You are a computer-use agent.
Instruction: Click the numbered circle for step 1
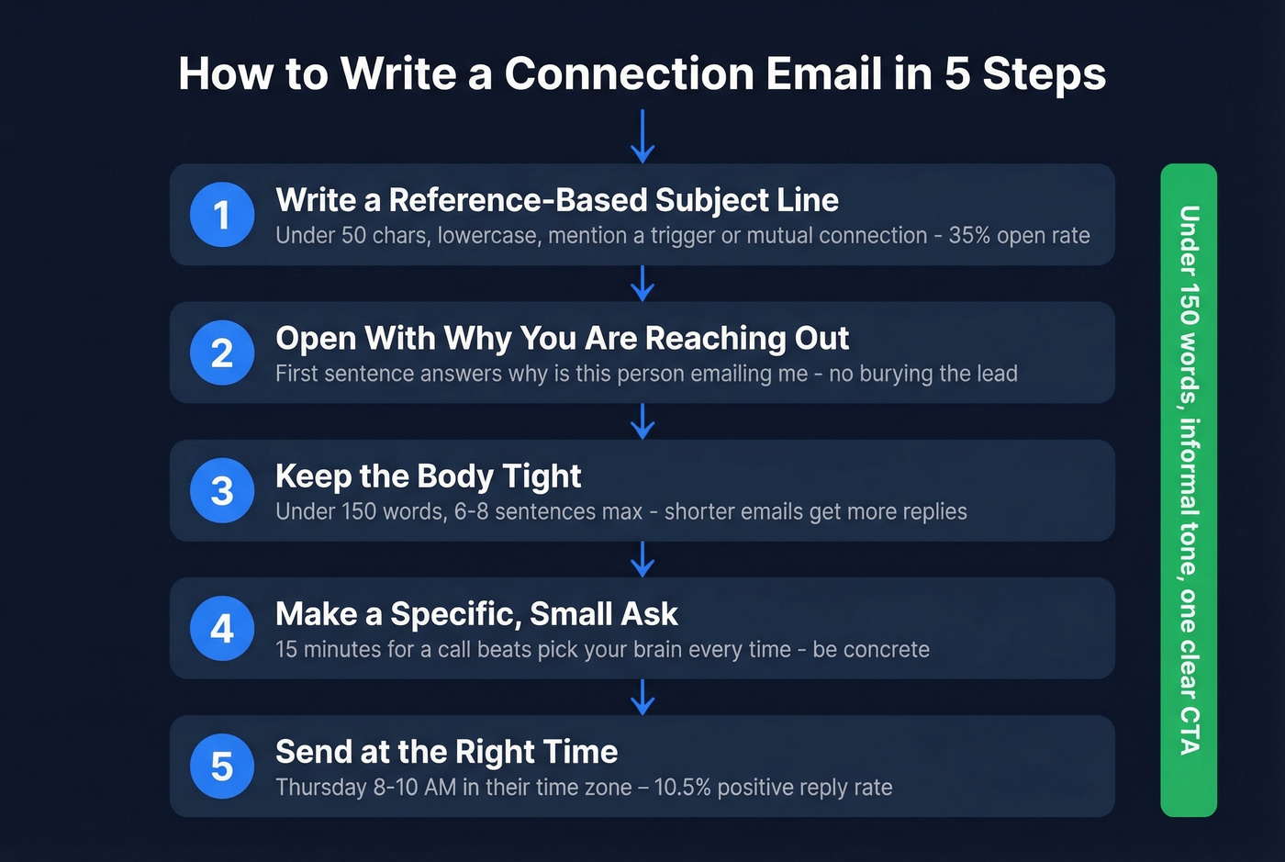pos(222,215)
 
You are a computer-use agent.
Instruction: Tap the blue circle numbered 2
pos(222,353)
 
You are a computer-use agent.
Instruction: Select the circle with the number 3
pos(222,490)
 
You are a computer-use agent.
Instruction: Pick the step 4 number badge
pos(222,628)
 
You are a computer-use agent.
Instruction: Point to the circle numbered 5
pos(222,766)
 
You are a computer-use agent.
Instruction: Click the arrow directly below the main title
pos(642,136)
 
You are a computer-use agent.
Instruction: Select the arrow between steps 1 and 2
pos(642,284)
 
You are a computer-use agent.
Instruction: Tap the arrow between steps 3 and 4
pos(642,559)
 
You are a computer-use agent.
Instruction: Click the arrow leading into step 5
pos(642,697)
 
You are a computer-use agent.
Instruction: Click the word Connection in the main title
pos(630,73)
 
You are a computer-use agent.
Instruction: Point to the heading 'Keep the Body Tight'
pos(428,476)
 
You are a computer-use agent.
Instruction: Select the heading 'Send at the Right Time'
pos(446,752)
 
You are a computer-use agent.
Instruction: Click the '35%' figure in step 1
pos(969,236)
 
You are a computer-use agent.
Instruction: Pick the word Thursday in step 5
pos(321,788)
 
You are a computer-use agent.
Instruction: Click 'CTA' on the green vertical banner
pos(1190,731)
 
